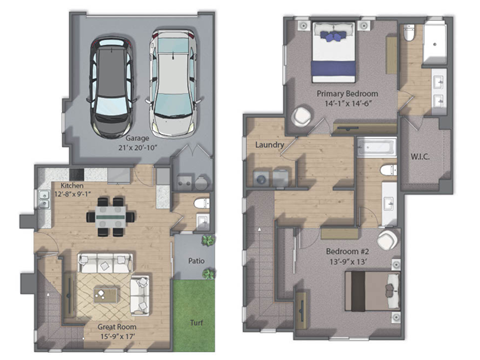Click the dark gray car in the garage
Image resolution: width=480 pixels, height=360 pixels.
click(x=111, y=87)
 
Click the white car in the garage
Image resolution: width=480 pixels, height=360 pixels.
click(x=174, y=83)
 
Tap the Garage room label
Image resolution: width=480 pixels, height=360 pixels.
click(x=137, y=143)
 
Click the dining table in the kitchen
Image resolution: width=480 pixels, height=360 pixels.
click(x=111, y=217)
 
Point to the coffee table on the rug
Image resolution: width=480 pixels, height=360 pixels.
click(x=106, y=295)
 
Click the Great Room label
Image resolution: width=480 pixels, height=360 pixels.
click(x=117, y=331)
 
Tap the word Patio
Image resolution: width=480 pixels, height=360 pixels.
click(x=196, y=261)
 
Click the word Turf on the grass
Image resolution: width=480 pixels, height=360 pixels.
click(x=197, y=322)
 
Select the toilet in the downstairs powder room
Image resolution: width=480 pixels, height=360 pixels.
click(x=202, y=203)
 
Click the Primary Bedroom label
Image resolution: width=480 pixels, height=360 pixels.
click(x=347, y=98)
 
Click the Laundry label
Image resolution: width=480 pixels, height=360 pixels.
click(x=269, y=145)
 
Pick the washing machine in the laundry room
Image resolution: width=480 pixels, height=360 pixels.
click(x=260, y=179)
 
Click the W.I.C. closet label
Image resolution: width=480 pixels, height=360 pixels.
click(x=420, y=157)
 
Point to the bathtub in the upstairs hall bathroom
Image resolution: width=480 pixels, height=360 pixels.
click(x=377, y=147)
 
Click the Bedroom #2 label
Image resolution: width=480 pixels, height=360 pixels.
click(x=347, y=256)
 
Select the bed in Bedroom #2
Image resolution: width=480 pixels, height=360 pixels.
click(x=372, y=292)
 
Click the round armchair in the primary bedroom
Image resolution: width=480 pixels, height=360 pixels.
click(x=302, y=116)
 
